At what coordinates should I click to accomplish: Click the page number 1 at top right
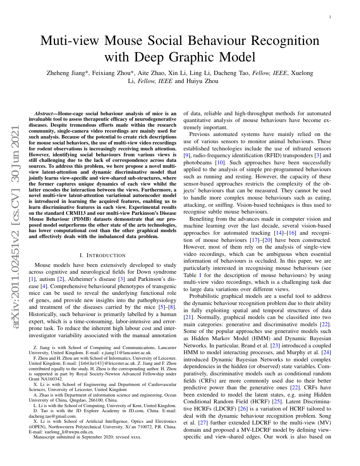point(330,17)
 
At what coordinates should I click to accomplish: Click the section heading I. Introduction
point(102,255)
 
